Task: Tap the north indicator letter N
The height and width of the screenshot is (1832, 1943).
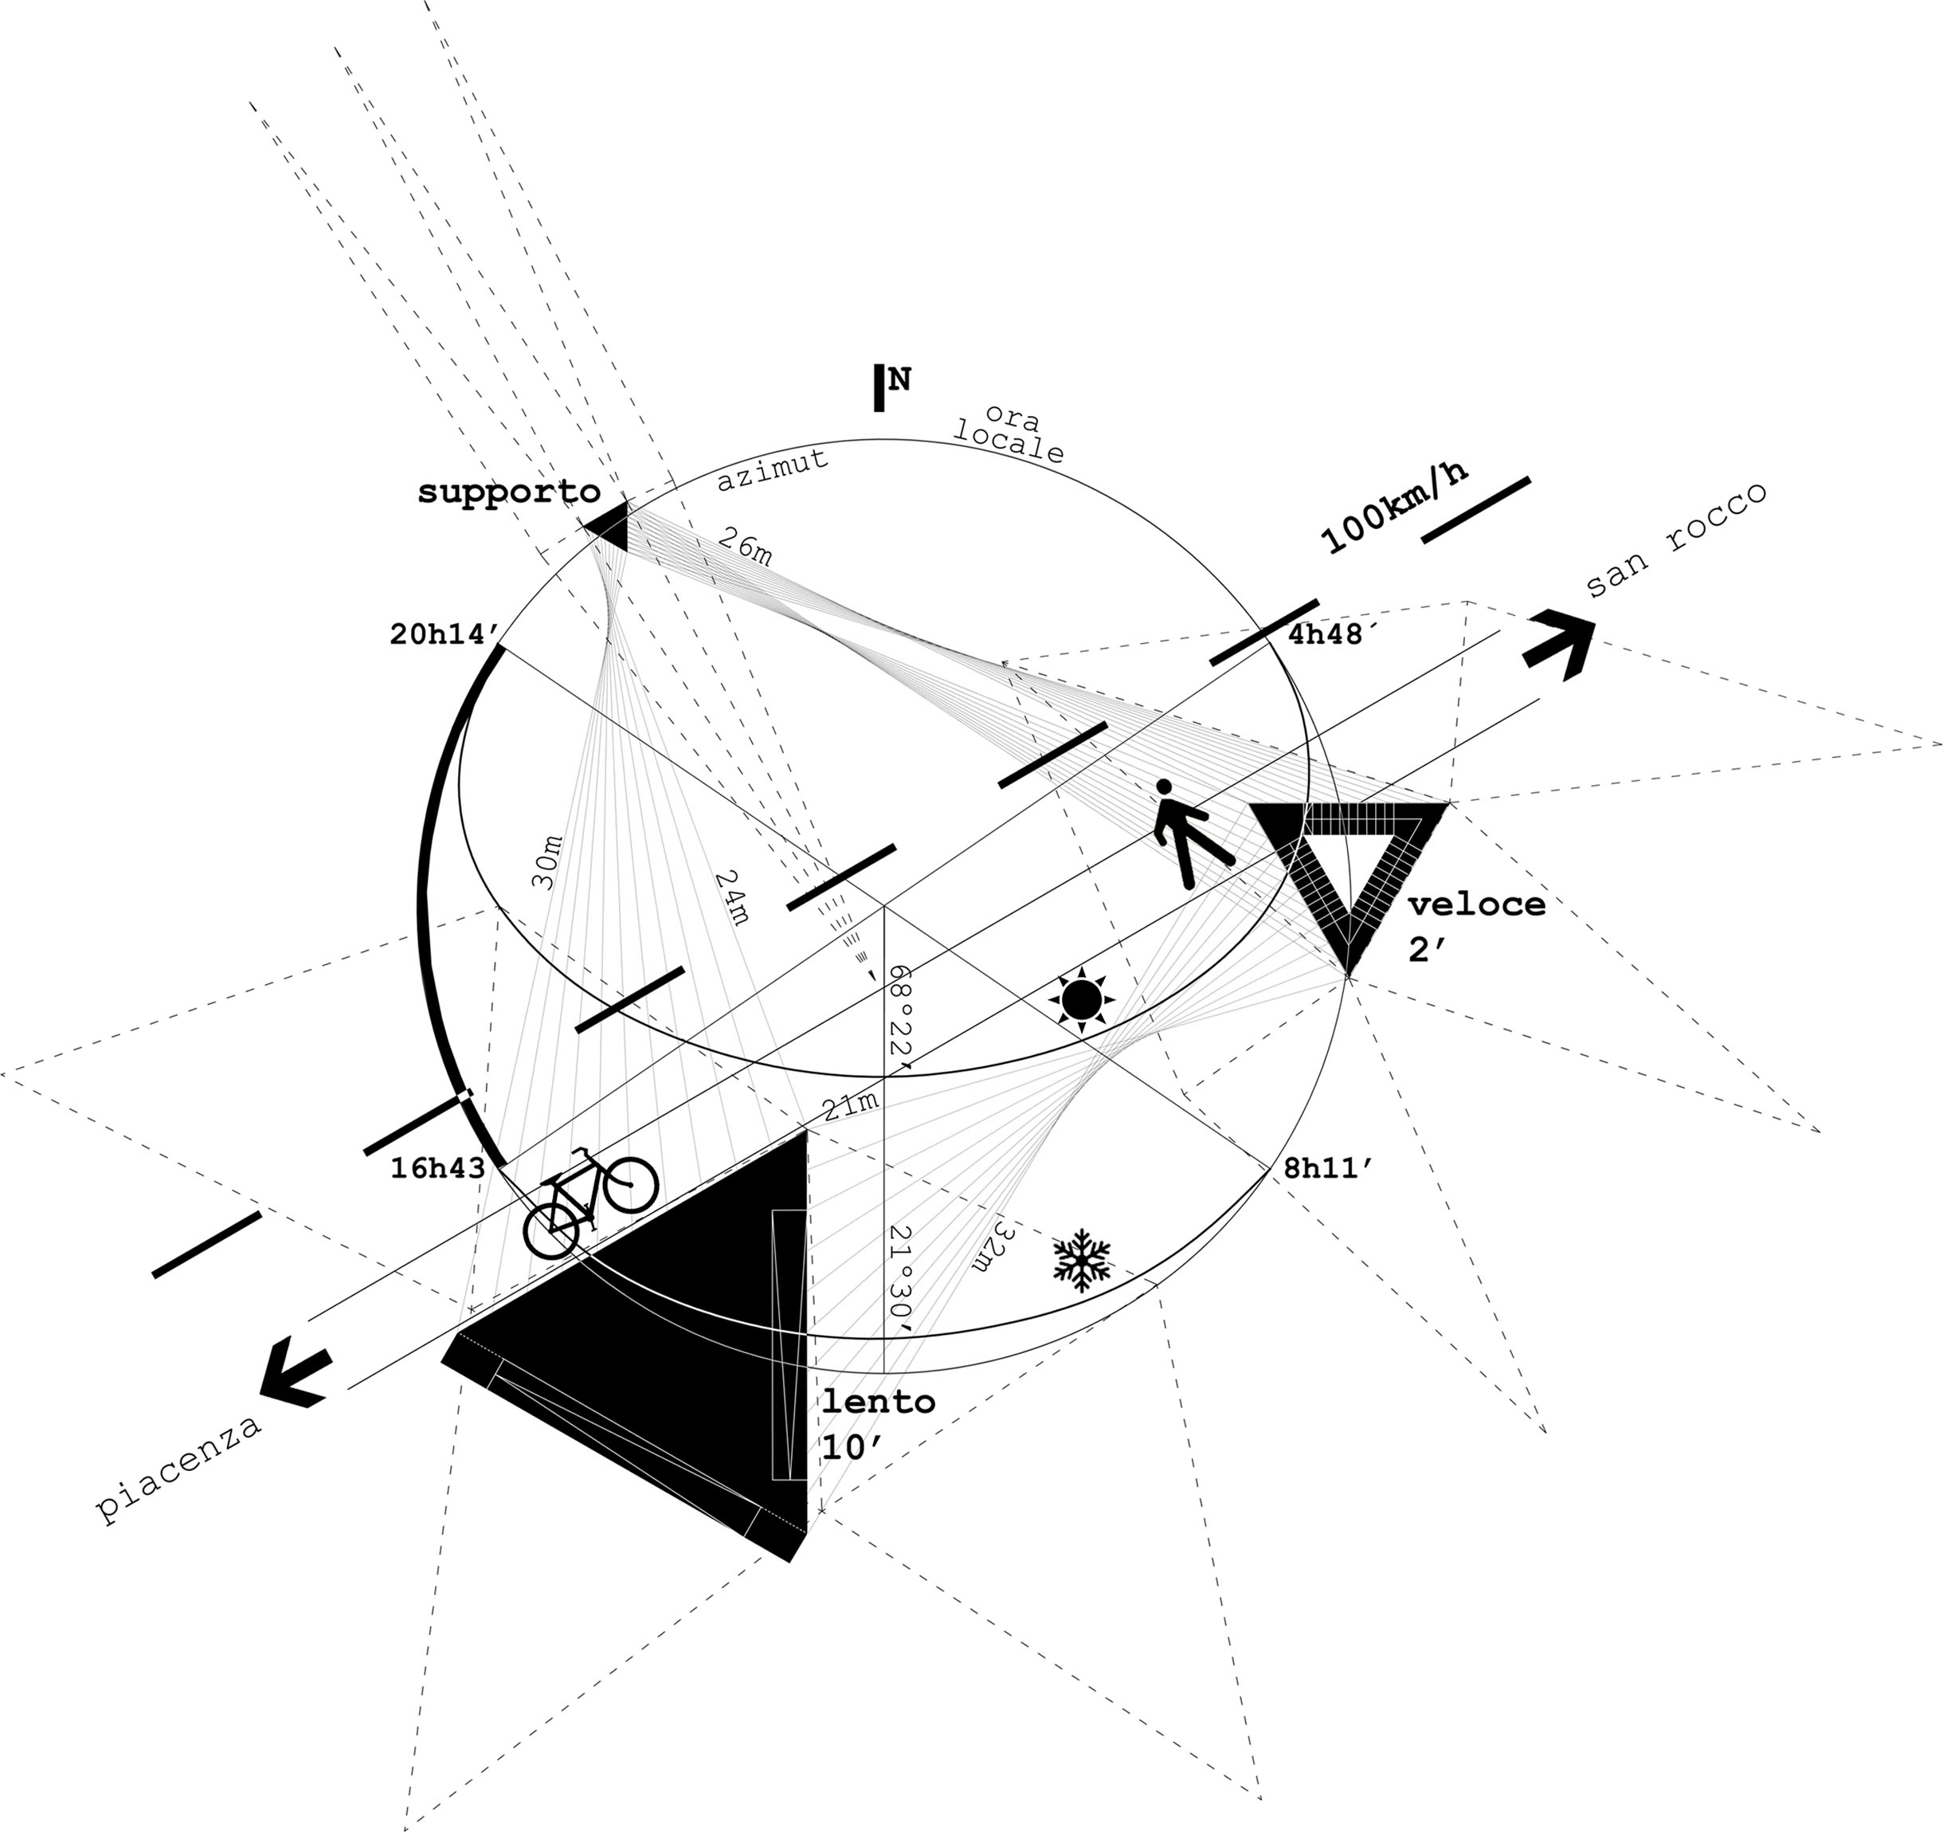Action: pyautogui.click(x=899, y=379)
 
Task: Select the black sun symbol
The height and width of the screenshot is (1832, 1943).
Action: pyautogui.click(x=1081, y=1000)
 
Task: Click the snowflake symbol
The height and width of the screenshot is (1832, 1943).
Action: pyautogui.click(x=1082, y=1261)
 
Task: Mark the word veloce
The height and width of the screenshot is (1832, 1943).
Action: pyautogui.click(x=1477, y=905)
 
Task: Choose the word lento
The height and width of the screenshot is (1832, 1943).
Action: pyautogui.click(x=878, y=1402)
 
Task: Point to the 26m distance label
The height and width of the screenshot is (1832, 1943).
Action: pyautogui.click(x=746, y=546)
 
